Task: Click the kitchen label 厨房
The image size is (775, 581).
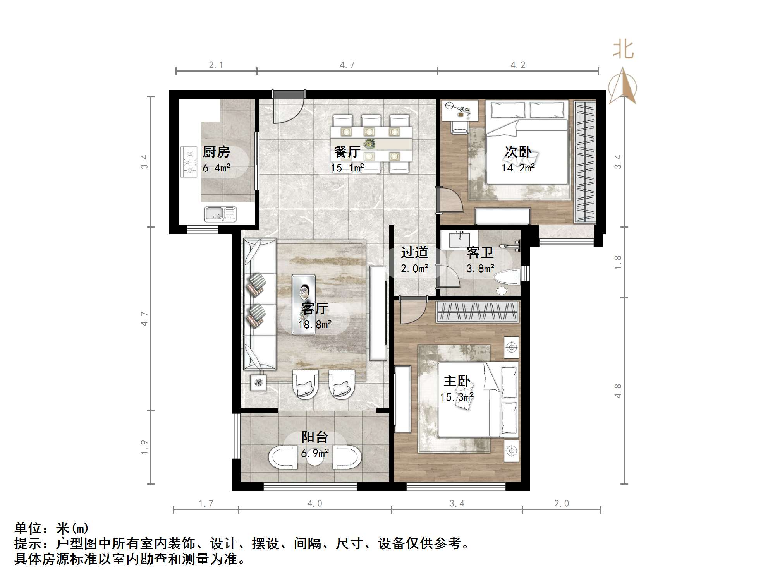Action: point(216,152)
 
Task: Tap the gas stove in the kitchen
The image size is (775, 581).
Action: point(189,161)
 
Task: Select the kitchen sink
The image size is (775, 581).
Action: point(220,214)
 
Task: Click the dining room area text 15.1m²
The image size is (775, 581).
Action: point(347,168)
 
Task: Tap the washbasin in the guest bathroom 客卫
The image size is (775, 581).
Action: point(459,239)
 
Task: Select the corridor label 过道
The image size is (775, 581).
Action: point(414,253)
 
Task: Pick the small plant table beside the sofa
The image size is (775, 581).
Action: point(258,383)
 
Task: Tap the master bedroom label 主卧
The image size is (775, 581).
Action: point(457,381)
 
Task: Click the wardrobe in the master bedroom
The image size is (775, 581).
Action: point(477,312)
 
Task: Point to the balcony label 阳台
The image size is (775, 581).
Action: point(314,437)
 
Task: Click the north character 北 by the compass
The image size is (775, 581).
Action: point(623,50)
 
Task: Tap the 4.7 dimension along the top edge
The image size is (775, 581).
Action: point(347,65)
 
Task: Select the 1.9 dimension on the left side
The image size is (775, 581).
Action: point(144,447)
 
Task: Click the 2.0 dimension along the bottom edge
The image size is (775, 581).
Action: point(561,503)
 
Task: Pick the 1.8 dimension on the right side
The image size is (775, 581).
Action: point(618,262)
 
